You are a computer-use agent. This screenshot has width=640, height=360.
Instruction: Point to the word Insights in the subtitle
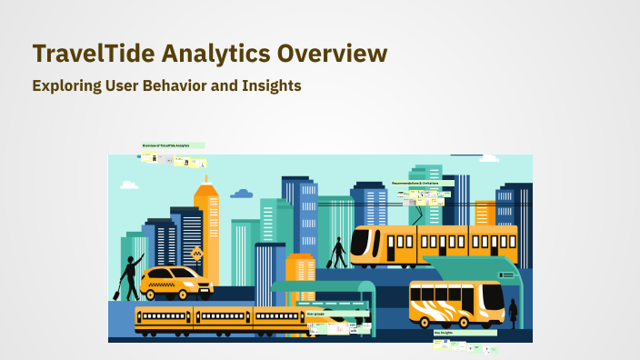pyautogui.click(x=267, y=85)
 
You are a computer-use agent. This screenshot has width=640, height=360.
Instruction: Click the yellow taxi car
pyautogui.click(x=176, y=282)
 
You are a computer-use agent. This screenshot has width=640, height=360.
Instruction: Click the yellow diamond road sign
pyautogui.click(x=196, y=254)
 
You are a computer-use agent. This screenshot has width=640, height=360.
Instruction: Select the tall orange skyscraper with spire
pyautogui.click(x=206, y=227)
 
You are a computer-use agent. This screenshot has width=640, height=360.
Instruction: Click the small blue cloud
pyautogui.click(x=241, y=194)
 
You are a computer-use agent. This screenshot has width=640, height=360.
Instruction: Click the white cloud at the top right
pyautogui.click(x=488, y=158)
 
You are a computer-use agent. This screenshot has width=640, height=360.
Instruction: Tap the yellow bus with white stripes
pyautogui.click(x=455, y=302)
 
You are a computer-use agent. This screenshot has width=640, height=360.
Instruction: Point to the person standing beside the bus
pyautogui.click(x=513, y=314)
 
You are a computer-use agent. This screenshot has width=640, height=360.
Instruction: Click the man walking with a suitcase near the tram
pyautogui.click(x=337, y=253)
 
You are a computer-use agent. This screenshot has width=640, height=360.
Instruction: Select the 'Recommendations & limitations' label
pyautogui.click(x=422, y=184)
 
